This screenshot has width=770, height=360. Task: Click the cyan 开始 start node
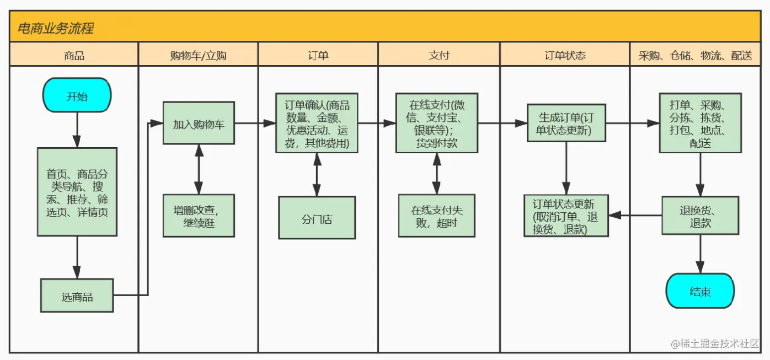(77, 95)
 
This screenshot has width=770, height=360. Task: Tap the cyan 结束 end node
(700, 291)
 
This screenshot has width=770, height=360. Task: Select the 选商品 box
(77, 296)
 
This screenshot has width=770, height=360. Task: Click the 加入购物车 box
(199, 123)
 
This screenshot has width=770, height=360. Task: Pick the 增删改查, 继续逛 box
(199, 216)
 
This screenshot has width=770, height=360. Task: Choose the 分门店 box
(317, 218)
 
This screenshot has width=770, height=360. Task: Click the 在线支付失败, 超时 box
(436, 216)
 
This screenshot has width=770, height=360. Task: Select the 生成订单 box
(565, 123)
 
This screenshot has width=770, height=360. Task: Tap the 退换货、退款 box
(700, 216)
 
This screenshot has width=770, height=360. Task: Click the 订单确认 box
(317, 123)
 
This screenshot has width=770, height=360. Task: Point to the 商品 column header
(74, 55)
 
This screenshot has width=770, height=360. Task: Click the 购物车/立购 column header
(199, 55)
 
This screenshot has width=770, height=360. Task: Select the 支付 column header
(439, 55)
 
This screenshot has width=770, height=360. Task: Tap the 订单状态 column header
(565, 55)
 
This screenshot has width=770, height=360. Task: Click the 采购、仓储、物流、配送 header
(696, 55)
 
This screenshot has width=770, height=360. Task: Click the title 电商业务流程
(55, 28)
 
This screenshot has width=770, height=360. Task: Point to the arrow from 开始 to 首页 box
(77, 130)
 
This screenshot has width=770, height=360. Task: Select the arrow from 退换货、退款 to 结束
(700, 254)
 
